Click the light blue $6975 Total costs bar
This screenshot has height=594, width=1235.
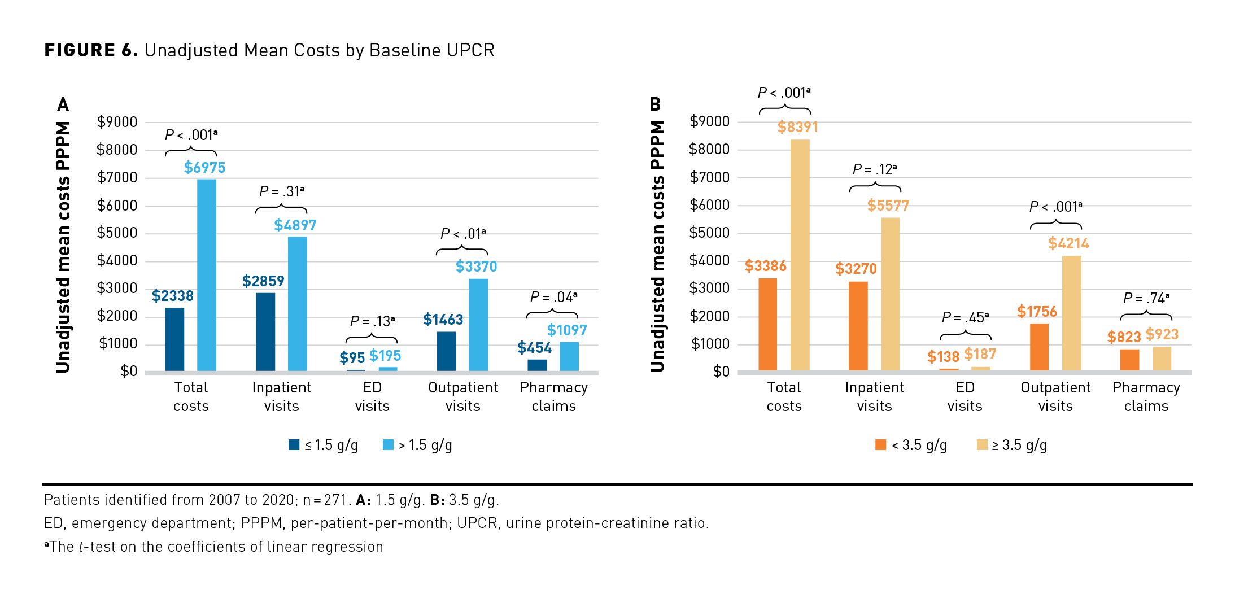point(207,275)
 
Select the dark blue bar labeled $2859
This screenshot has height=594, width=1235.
point(265,331)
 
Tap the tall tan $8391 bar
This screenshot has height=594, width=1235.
point(800,255)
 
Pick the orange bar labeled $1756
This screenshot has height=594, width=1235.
point(1039,347)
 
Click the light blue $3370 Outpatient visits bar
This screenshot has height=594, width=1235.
point(478,325)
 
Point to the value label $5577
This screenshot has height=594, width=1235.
point(888,206)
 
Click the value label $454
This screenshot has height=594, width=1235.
point(534,348)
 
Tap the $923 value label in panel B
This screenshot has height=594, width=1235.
point(1162,334)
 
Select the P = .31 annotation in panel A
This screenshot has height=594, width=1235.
point(281,192)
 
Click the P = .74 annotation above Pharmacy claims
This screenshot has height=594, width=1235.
point(1146,298)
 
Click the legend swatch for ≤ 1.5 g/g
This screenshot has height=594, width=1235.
point(294,445)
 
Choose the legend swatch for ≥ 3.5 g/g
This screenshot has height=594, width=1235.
point(982,445)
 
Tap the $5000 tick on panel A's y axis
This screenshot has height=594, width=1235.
point(117,233)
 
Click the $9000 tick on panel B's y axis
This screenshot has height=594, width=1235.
point(710,122)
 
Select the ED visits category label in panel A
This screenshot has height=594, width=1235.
point(372,396)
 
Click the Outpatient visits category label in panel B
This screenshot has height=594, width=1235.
point(1055,396)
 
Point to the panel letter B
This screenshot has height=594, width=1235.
point(655,104)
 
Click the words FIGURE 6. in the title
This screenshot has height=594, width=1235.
point(90,50)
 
